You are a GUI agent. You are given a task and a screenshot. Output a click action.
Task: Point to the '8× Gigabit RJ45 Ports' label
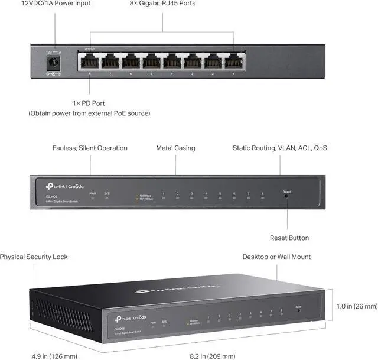(x=162, y=4)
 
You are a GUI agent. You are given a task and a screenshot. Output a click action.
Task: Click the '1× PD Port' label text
(x=89, y=103)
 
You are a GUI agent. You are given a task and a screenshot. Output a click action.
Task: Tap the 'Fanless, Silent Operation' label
(x=90, y=148)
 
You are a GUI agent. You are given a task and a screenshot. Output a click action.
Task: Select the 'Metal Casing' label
(x=175, y=148)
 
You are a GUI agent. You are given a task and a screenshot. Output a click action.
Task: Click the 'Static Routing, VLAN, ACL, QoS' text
(x=279, y=148)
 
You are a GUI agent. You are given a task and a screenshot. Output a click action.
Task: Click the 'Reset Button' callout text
(x=289, y=238)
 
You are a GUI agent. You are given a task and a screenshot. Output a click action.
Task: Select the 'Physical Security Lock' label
(x=34, y=257)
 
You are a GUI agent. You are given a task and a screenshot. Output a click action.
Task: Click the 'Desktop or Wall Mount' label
(x=276, y=257)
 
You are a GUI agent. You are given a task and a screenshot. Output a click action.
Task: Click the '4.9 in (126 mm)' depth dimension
(x=54, y=356)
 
